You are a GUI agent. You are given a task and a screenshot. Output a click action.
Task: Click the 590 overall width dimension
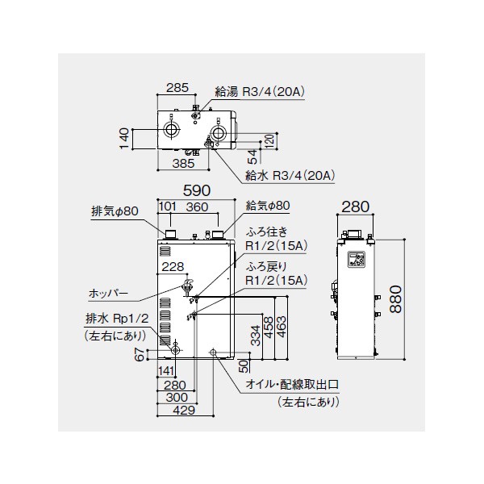197,190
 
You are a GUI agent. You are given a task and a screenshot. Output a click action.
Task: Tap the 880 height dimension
396,299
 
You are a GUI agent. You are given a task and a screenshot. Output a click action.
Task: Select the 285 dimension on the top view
177,88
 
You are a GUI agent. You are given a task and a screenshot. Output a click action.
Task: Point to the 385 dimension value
183,163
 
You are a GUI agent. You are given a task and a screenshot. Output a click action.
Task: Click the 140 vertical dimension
123,139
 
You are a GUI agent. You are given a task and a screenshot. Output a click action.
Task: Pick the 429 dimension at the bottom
184,411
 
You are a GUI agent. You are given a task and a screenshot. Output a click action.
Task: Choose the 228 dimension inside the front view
173,267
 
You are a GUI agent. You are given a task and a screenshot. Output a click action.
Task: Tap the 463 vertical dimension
282,327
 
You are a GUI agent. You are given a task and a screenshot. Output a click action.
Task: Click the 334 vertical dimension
256,336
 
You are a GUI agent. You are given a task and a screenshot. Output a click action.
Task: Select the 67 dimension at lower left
140,354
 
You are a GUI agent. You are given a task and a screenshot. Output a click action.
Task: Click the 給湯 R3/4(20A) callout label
260,92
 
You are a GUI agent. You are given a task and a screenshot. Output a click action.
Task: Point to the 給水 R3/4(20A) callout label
290,176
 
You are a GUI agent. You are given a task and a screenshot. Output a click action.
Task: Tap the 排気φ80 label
115,211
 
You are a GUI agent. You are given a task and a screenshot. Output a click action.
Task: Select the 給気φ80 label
268,206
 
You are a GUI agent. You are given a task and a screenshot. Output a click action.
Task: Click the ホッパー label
108,293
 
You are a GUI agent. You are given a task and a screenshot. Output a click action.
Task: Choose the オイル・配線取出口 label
292,385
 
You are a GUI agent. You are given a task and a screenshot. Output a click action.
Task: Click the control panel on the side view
357,259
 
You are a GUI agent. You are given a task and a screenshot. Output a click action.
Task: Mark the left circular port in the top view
170,130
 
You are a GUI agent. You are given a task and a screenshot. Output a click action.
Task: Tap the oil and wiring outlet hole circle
213,352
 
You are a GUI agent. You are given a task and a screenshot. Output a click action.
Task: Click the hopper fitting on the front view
188,284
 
